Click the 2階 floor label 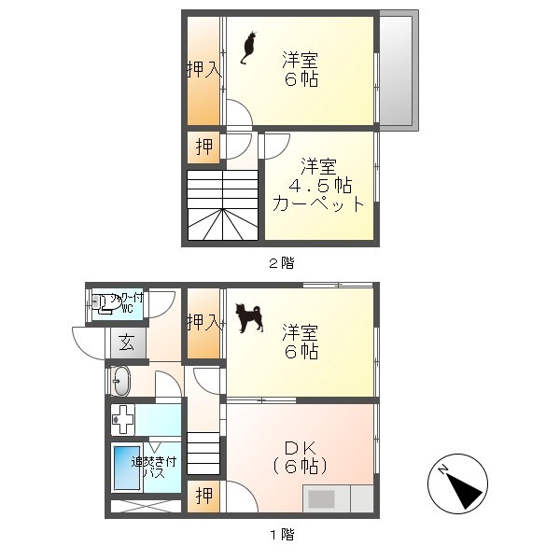point(281,263)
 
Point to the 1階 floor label point(281,535)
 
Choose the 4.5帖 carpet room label point(318,186)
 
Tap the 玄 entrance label point(127,343)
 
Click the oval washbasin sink point(119,382)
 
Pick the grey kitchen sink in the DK point(321,499)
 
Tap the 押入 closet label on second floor point(203,70)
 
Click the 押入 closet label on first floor point(203,323)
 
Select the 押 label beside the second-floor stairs point(203,147)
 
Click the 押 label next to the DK point(203,496)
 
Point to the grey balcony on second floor point(398,69)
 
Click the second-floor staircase point(221,205)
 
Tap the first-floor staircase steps point(205,455)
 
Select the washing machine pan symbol point(123,419)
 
